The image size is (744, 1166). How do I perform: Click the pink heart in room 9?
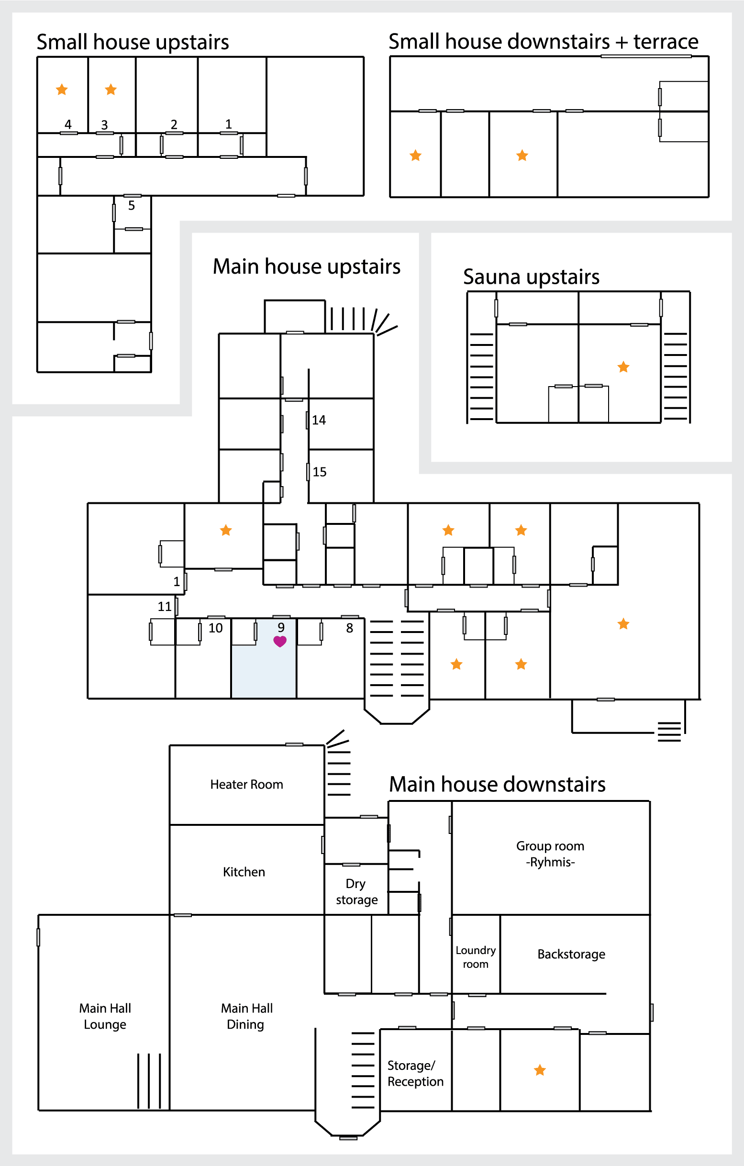click(x=280, y=641)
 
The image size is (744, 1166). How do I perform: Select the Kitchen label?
click(x=244, y=872)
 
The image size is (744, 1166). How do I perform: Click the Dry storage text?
click(x=356, y=891)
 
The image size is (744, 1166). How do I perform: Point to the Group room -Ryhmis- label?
click(x=550, y=854)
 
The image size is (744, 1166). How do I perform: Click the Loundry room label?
click(x=475, y=957)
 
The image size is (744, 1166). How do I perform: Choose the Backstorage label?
click(x=571, y=954)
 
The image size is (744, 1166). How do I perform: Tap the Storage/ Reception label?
click(x=415, y=1074)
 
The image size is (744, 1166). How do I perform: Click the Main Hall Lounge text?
click(x=105, y=1016)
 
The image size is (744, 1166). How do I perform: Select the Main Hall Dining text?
click(x=246, y=1016)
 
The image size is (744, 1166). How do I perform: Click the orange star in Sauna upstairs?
click(x=623, y=367)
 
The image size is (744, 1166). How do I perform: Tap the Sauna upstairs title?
click(x=531, y=277)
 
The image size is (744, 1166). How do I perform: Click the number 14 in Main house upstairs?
click(x=319, y=420)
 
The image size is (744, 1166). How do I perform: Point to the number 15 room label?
click(x=320, y=472)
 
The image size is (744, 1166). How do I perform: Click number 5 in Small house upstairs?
click(x=131, y=205)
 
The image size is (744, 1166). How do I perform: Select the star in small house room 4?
click(x=62, y=89)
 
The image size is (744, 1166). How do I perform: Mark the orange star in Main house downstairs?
click(x=540, y=1070)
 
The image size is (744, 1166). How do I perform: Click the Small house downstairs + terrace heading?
click(x=543, y=42)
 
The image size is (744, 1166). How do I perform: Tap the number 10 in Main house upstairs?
click(x=216, y=628)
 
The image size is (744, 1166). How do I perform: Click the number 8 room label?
click(x=349, y=628)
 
